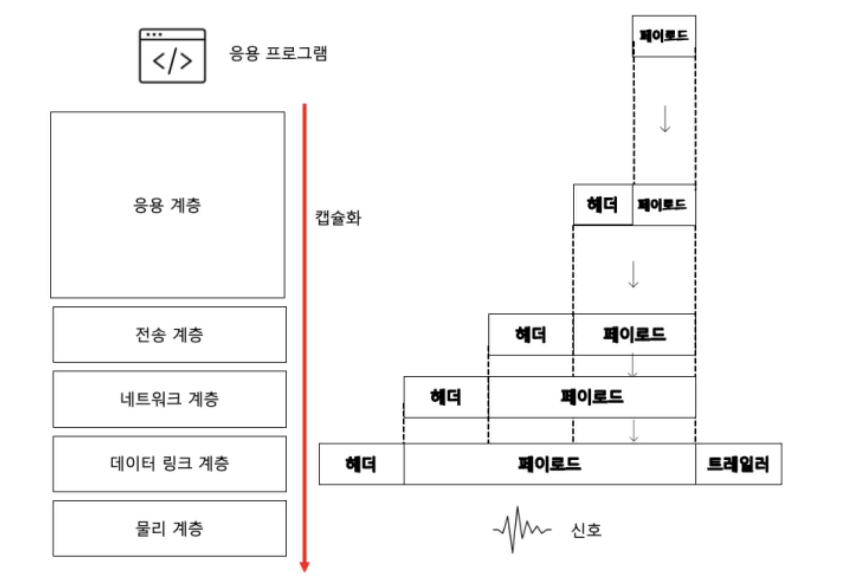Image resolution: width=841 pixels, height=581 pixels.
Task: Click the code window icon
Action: point(172,56)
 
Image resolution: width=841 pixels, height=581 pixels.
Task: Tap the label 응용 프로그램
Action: point(278,54)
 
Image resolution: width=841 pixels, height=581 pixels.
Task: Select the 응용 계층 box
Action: point(168,205)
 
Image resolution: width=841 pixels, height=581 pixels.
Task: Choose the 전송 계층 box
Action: point(170,335)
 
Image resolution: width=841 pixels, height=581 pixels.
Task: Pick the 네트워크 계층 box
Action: point(170,399)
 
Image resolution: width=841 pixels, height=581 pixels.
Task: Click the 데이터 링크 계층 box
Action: point(170,464)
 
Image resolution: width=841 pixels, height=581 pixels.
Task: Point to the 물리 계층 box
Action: point(170,528)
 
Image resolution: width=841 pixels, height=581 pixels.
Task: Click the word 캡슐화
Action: point(338,218)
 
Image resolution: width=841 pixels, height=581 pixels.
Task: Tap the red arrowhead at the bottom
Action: point(305,566)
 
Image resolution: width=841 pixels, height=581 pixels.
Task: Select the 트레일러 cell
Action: point(738,464)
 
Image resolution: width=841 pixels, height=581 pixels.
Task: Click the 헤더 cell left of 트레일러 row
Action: point(361,464)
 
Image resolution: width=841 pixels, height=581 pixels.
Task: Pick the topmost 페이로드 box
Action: point(664,36)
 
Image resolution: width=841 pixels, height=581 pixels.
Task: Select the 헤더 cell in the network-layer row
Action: point(446,397)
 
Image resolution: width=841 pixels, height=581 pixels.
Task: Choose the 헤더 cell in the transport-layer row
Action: point(531,335)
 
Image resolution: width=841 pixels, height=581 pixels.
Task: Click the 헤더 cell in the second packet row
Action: point(602,205)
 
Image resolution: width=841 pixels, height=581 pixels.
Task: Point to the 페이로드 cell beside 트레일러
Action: point(549,464)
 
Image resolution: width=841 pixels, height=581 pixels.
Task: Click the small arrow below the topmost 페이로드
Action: point(665,119)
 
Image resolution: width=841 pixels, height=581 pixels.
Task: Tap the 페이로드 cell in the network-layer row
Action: point(592,397)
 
